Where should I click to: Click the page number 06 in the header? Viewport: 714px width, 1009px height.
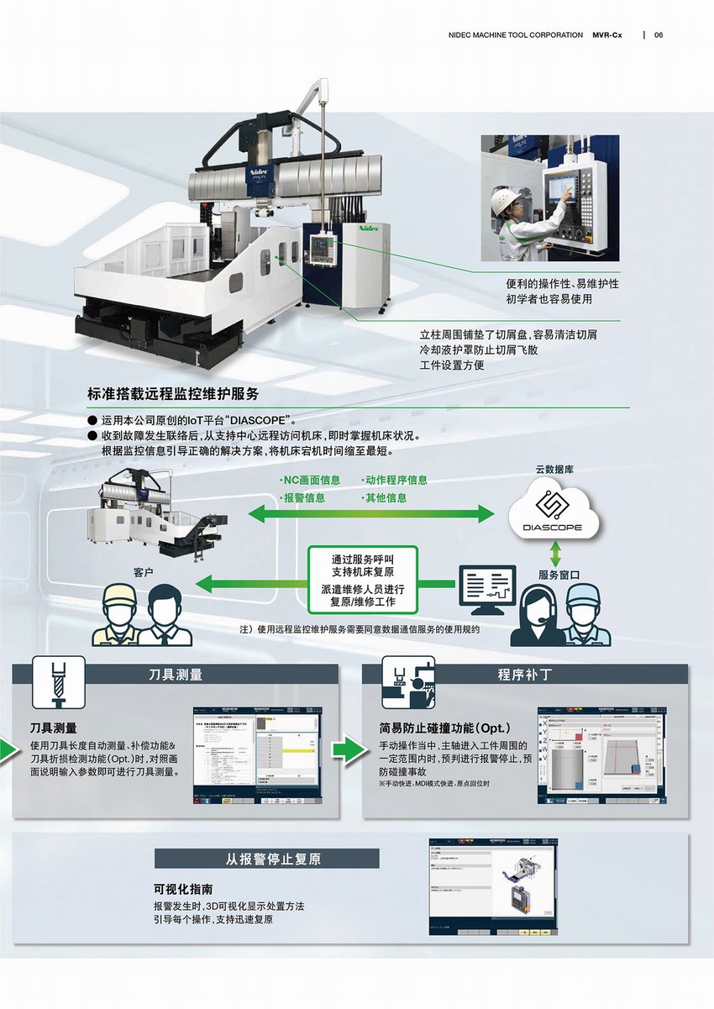pos(659,35)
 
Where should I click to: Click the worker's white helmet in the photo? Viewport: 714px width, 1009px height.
pos(504,199)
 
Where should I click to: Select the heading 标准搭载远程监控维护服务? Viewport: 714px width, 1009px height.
pos(172,393)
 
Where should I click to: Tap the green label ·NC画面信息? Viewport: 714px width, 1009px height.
pos(310,481)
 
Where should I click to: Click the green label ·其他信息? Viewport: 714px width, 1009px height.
pos(385,497)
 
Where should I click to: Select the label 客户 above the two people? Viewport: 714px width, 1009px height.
pos(145,572)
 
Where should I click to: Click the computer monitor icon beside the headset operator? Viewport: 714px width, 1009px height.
pos(486,588)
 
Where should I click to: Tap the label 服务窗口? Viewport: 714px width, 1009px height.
pos(561,575)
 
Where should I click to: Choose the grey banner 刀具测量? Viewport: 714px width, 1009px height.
pos(175,674)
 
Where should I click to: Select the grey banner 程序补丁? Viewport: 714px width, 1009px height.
pos(524,674)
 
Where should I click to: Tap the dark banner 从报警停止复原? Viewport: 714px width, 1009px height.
pos(266,859)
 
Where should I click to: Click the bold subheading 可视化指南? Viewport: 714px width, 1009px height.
pos(183,889)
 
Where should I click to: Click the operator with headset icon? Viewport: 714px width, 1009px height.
pos(538,615)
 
